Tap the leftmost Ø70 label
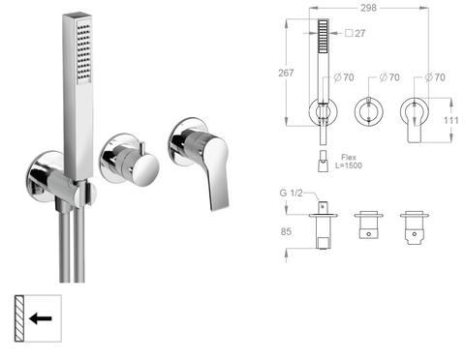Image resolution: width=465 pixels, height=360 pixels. [340, 76]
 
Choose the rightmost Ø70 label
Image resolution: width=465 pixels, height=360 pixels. [434, 76]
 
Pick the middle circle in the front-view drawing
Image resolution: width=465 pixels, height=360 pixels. [370, 109]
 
